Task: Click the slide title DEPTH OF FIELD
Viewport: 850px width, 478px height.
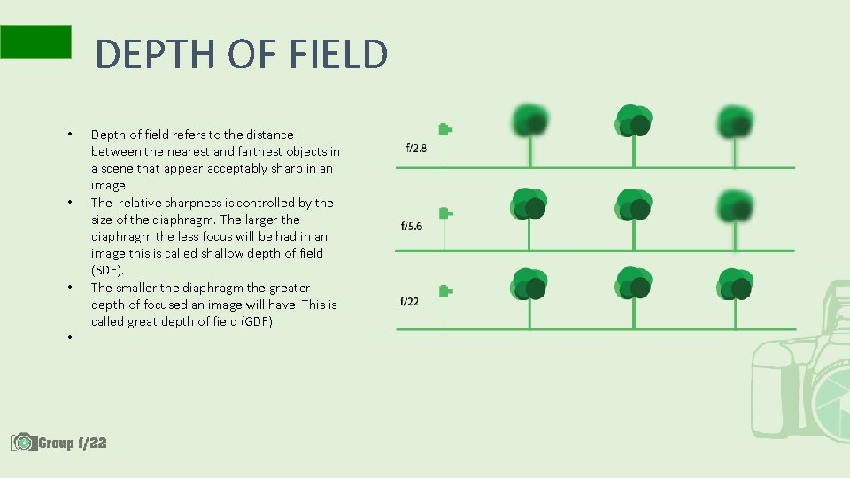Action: [241, 54]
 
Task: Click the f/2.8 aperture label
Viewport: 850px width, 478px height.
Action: [416, 148]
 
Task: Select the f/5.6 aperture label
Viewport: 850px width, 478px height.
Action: [411, 226]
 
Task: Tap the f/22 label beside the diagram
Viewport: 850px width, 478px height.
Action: [409, 301]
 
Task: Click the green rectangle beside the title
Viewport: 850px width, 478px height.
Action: [35, 42]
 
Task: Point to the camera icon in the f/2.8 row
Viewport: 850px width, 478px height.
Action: [445, 130]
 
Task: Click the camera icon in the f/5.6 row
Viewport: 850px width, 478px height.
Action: [445, 213]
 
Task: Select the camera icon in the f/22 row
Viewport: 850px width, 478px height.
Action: [445, 290]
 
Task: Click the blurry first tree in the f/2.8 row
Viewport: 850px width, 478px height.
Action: [529, 121]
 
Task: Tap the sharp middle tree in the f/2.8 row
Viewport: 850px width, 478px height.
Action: [633, 121]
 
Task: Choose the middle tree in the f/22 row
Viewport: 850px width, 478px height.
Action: [633, 283]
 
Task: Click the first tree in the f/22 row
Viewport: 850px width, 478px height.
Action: [529, 283]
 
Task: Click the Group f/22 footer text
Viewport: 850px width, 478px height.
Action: [73, 442]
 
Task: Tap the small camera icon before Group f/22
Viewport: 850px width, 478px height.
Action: [23, 441]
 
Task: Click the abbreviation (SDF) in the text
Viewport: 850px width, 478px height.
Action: [107, 270]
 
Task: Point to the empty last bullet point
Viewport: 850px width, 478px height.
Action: [69, 338]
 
